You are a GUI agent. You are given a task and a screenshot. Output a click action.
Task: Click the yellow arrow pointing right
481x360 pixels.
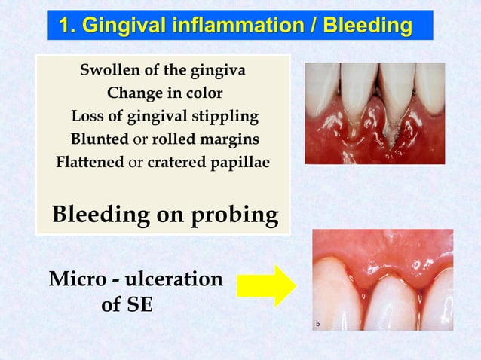pyautogui.click(x=266, y=285)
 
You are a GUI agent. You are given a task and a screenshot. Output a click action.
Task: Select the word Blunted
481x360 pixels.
pyautogui.click(x=95, y=140)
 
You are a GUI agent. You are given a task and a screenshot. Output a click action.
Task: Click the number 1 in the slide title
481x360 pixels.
pyautogui.click(x=66, y=26)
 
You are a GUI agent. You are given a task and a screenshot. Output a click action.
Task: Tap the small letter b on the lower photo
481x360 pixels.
pyautogui.click(x=318, y=324)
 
